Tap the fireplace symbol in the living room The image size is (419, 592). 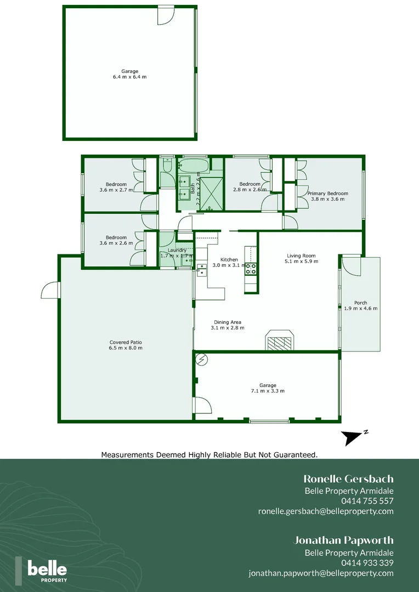click(x=280, y=340)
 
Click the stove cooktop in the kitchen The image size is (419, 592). click(x=251, y=269)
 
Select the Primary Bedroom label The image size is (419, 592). click(x=327, y=193)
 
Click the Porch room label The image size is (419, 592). click(x=360, y=303)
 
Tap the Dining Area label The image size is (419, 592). click(x=227, y=322)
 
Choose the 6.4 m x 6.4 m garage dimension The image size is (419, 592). click(x=129, y=77)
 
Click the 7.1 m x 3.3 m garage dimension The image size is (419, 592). click(x=268, y=391)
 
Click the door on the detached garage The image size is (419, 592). click(x=164, y=16)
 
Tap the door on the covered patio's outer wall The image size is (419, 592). click(x=50, y=290)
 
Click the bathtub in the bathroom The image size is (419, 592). click(x=194, y=165)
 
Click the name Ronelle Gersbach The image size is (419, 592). click(x=348, y=479)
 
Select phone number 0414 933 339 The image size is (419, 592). click(x=367, y=563)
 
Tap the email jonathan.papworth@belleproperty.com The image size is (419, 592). click(x=321, y=573)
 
